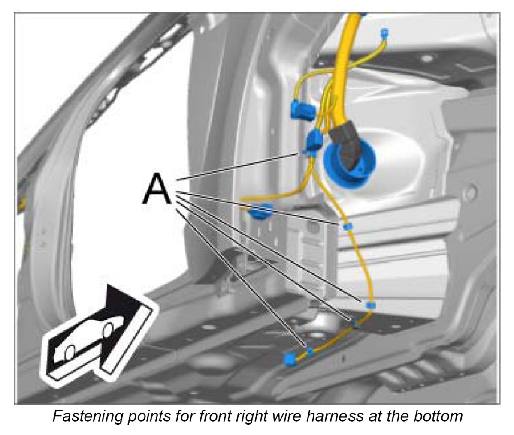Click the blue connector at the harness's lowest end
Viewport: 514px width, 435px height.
click(291, 359)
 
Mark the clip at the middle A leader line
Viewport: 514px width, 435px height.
click(371, 305)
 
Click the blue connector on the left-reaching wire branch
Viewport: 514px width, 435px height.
click(261, 211)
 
